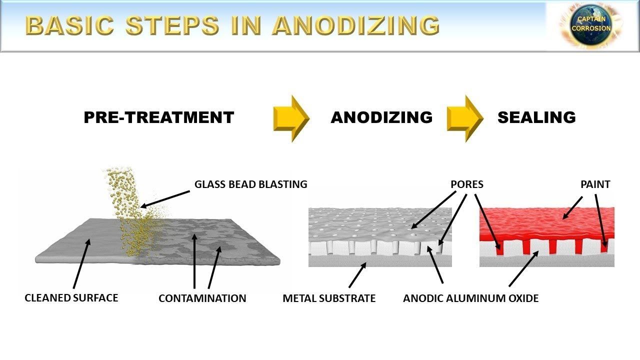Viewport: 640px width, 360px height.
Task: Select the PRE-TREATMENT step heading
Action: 159,117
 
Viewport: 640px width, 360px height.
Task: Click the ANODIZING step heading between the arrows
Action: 381,117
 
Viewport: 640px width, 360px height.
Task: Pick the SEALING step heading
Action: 536,117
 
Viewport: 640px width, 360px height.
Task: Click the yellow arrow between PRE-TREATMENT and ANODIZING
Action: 291,118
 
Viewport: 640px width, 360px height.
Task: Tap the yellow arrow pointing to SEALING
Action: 465,118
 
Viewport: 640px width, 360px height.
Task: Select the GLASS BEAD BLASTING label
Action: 250,184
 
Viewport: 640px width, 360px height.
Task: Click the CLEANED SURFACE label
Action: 71,298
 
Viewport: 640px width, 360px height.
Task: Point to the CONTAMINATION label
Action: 202,298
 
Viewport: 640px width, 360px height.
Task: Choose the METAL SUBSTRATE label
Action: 329,298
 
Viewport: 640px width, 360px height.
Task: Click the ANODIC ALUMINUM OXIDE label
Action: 471,298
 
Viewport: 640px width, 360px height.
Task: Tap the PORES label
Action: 467,184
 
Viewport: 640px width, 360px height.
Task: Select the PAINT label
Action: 595,184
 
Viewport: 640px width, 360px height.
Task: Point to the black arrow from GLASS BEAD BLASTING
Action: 165,197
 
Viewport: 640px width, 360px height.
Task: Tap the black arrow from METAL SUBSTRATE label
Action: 358,275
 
